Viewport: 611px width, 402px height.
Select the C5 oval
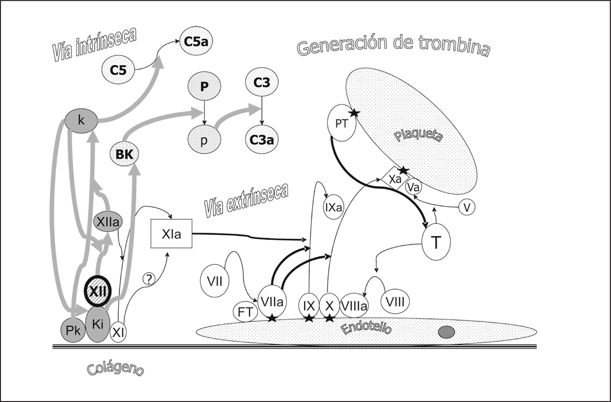[x=118, y=70]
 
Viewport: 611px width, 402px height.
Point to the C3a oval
[x=262, y=141]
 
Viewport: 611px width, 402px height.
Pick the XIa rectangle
[x=172, y=234]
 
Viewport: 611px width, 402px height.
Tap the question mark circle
[x=149, y=279]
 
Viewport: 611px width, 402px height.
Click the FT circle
[x=245, y=312]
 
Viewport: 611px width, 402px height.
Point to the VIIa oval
[x=272, y=302]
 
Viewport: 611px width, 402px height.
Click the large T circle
[x=436, y=243]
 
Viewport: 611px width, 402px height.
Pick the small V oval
[x=466, y=208]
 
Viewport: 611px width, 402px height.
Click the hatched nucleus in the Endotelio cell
[x=447, y=332]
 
